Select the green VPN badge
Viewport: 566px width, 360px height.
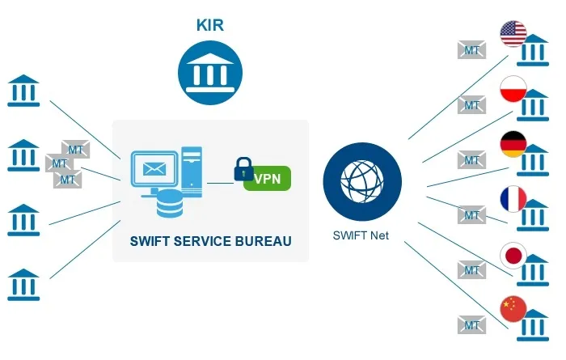coord(266,179)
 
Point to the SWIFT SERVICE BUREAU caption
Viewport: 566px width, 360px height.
coord(210,241)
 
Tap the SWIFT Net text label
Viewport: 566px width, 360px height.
coord(357,236)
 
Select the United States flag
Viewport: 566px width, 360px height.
coord(513,34)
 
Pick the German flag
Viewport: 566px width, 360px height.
coord(513,143)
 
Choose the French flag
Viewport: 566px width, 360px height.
coord(513,198)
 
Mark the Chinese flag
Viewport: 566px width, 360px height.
coord(513,309)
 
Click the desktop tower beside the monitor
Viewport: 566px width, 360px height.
coord(192,171)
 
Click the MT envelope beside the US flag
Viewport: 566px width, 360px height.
coord(471,50)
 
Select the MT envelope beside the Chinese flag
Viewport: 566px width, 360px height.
coord(471,325)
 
